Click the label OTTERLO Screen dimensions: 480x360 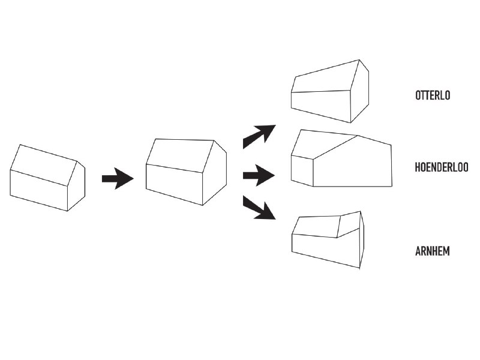coord(433,95)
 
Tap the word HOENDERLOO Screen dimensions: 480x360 coord(442,167)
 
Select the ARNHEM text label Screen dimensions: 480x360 coord(432,251)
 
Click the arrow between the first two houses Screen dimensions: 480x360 coord(118,178)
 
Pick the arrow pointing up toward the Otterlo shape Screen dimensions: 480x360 coord(259,137)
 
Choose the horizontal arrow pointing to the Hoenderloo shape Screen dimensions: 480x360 coord(259,175)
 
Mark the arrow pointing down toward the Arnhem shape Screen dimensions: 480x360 coord(259,208)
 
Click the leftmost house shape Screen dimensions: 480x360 coord(47,178)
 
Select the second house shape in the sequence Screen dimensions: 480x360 coord(186,172)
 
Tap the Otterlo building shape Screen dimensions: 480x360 coord(330,91)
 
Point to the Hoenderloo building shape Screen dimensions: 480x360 coord(341,158)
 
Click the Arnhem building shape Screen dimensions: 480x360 coord(328,239)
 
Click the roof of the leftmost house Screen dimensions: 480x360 coord(43,165)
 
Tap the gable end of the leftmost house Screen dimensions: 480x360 coord(76,187)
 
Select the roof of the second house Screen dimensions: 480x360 coord(180,156)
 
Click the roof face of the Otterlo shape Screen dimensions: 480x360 coord(325,76)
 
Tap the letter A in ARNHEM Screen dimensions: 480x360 coord(418,251)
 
